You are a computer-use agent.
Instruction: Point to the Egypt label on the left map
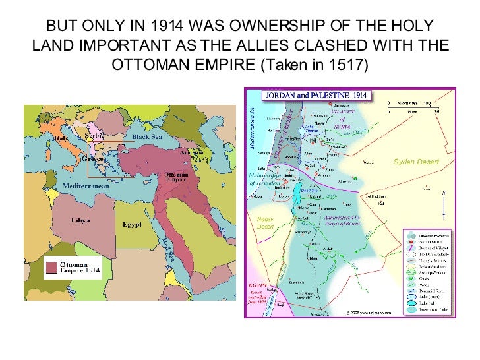tap(132, 225)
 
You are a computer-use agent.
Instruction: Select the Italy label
tap(60, 138)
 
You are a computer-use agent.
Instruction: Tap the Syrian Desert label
tap(415, 162)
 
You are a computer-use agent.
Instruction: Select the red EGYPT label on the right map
tap(256, 285)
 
